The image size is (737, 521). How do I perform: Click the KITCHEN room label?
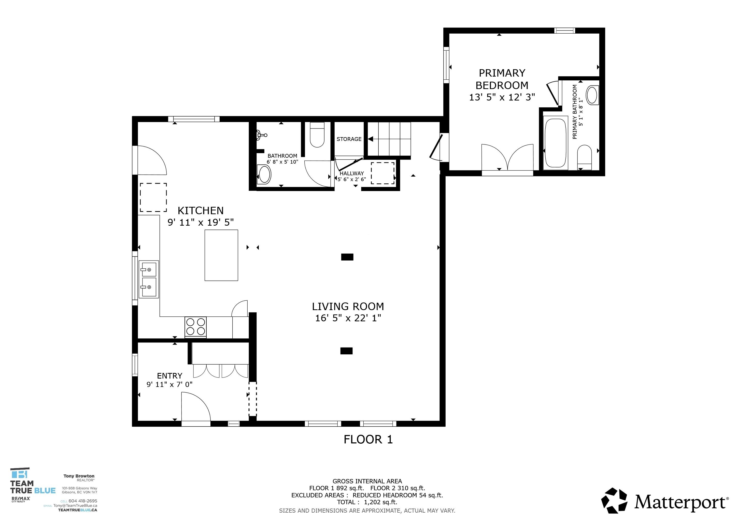(200, 211)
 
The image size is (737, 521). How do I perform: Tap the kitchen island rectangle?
(221, 255)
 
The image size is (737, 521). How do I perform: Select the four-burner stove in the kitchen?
(195, 327)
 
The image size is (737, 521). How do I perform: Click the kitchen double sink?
(149, 279)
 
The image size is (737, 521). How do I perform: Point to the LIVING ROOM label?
(348, 307)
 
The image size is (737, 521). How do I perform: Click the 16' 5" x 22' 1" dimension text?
(348, 318)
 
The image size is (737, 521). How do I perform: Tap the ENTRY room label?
(169, 376)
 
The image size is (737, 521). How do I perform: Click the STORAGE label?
(349, 139)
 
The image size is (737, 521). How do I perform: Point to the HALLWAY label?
(351, 173)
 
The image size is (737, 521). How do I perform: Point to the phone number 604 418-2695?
(82, 501)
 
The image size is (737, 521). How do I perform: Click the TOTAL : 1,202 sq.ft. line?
(367, 502)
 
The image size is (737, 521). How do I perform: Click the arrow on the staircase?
(371, 139)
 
